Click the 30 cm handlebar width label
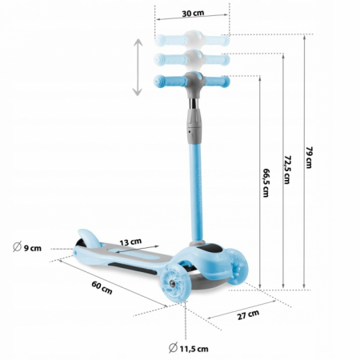click(x=192, y=14)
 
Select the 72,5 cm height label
click(x=286, y=167)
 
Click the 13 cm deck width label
click(x=130, y=241)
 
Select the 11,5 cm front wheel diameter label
click(x=190, y=347)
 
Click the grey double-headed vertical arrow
click(x=138, y=67)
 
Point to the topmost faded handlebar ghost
click(x=193, y=38)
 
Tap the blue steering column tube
click(x=193, y=184)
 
